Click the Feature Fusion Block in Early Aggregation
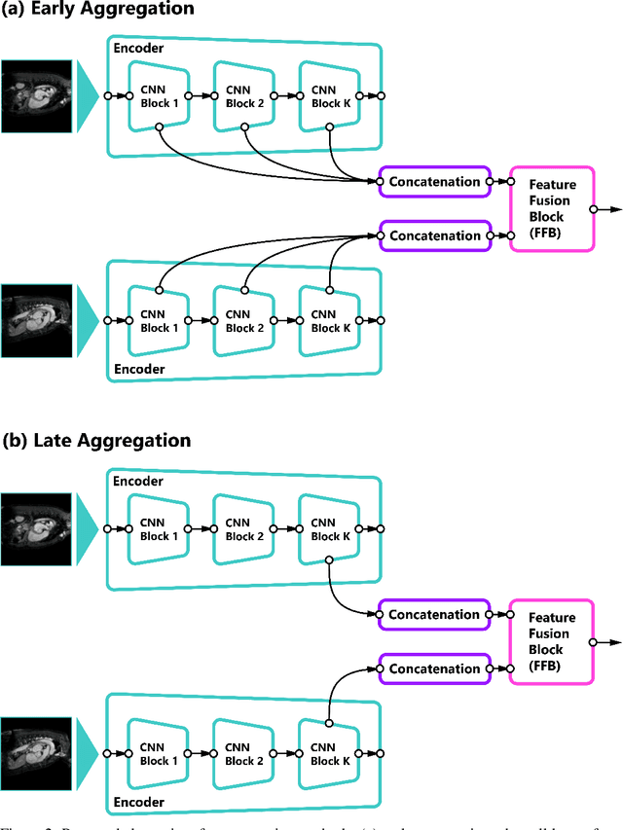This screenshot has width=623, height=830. [552, 208]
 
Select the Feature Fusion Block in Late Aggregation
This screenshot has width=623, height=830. [552, 641]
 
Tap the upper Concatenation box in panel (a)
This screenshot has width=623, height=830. [434, 181]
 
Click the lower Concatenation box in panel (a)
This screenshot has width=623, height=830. [434, 235]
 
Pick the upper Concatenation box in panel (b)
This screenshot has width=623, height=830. [434, 614]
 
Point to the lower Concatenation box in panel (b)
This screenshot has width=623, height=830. [434, 668]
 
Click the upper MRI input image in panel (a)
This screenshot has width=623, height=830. [36, 95]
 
